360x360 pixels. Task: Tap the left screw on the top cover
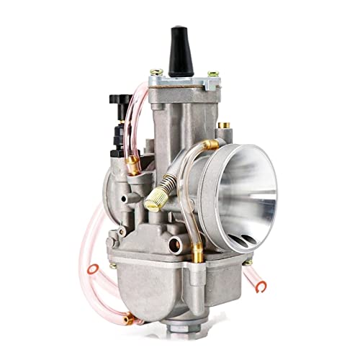pyautogui.click(x=154, y=73)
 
